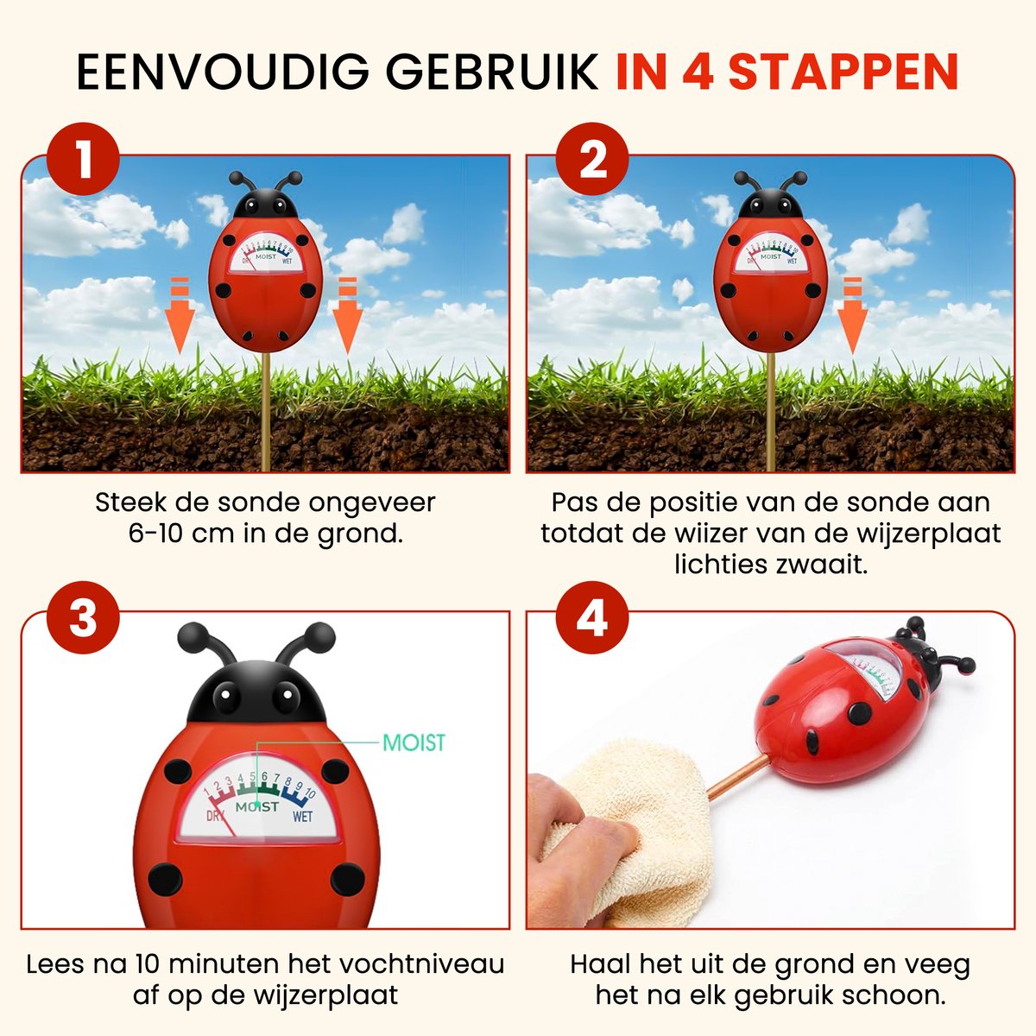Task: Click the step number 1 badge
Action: pos(84,161)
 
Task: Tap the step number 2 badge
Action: pos(591,161)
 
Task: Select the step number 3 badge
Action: pos(84,619)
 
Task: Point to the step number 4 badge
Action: pos(591,619)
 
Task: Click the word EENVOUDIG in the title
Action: pos(226,73)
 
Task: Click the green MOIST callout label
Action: pos(414,742)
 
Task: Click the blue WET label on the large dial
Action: pos(302,816)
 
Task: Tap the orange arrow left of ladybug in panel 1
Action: pos(180,315)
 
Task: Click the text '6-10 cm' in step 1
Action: pos(169,534)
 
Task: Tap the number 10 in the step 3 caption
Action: pos(151,963)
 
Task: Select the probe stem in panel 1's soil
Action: pos(266,432)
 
